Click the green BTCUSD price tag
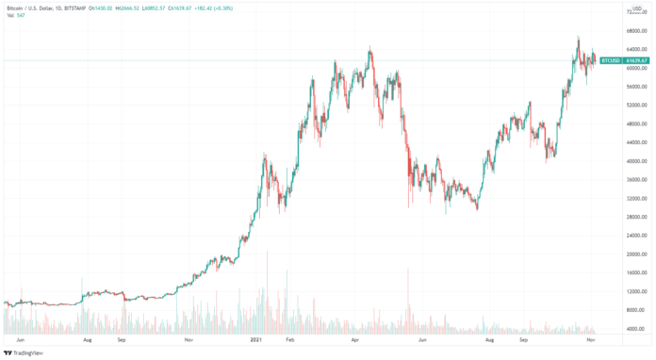pos(610,61)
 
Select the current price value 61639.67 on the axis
pos(638,61)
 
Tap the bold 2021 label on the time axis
pos(255,339)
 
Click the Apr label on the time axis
pos(355,339)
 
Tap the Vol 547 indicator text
pos(15,15)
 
